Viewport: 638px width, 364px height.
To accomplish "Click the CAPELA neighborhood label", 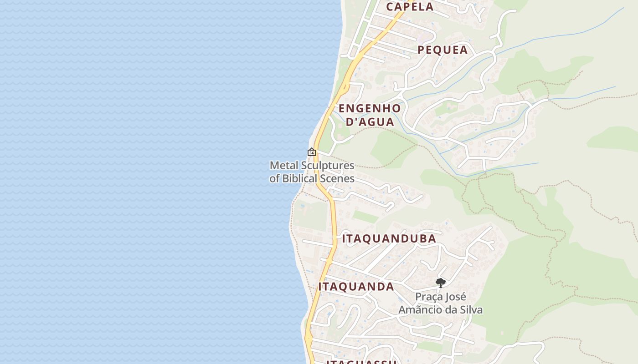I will pyautogui.click(x=410, y=7).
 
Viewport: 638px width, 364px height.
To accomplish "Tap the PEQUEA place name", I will pyautogui.click(x=442, y=50).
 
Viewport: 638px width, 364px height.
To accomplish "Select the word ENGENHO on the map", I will pyautogui.click(x=370, y=109).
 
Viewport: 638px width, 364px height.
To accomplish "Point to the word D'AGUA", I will pyautogui.click(x=370, y=122).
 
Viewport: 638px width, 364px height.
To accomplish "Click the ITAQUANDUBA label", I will pyautogui.click(x=389, y=239).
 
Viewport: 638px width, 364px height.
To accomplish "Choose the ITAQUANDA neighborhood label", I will pyautogui.click(x=356, y=287).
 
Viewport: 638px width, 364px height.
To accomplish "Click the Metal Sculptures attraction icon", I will pyautogui.click(x=312, y=152).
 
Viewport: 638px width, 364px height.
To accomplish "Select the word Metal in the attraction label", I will pyautogui.click(x=283, y=165).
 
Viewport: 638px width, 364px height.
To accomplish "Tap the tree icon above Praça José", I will pyautogui.click(x=440, y=283).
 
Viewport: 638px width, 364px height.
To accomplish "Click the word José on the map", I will pyautogui.click(x=455, y=297).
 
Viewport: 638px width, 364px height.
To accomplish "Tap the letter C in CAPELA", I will pyautogui.click(x=390, y=7).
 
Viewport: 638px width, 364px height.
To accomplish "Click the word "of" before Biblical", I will pyautogui.click(x=274, y=178).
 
